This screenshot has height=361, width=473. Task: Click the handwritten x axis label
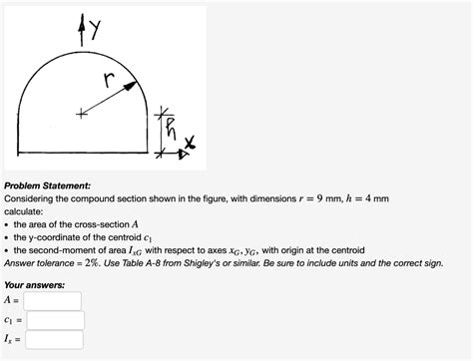pyautogui.click(x=190, y=150)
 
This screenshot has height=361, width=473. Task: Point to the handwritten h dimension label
pyautogui.click(x=173, y=127)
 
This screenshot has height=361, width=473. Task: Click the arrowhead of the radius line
pyautogui.click(x=131, y=86)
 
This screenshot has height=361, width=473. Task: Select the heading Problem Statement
pyautogui.click(x=48, y=184)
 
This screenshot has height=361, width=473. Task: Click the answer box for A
pyautogui.click(x=53, y=300)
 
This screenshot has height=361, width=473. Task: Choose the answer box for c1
pyautogui.click(x=54, y=320)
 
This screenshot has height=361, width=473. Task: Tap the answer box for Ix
pyautogui.click(x=54, y=340)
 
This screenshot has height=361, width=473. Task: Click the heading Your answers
pyautogui.click(x=36, y=284)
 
